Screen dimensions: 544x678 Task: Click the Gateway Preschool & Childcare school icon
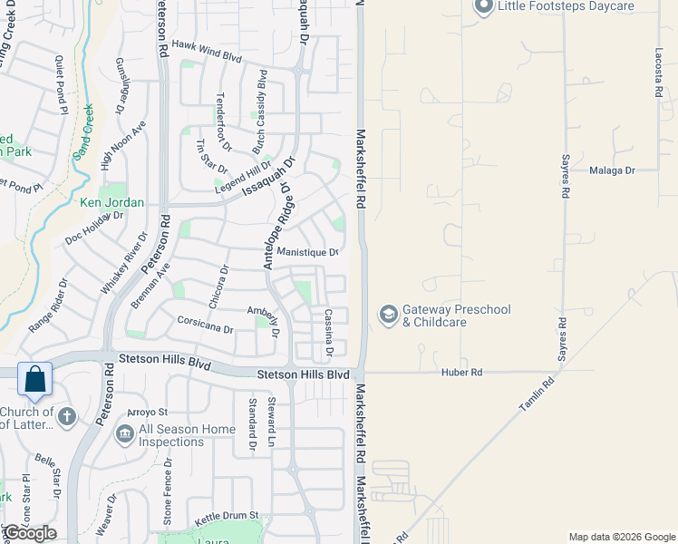(388, 315)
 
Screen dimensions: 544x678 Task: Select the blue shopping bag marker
(34, 380)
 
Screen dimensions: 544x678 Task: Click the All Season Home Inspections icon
(124, 435)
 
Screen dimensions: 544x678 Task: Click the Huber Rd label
(462, 373)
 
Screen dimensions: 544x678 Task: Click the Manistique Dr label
(307, 252)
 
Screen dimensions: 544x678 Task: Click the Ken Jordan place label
(112, 202)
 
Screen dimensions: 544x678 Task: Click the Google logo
(30, 533)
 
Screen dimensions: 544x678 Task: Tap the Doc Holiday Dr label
(94, 228)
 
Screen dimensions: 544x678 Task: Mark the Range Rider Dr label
(49, 306)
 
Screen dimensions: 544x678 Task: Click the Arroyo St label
(149, 413)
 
